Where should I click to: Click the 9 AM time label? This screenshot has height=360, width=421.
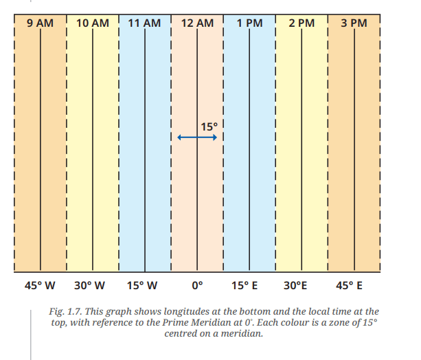pyautogui.click(x=40, y=23)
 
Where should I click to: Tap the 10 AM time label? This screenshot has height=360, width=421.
pyautogui.click(x=93, y=23)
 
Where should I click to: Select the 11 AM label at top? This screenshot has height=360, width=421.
pyautogui.click(x=144, y=23)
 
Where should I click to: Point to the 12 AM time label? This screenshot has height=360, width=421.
pyautogui.click(x=197, y=23)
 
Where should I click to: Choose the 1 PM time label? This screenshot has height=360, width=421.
pyautogui.click(x=250, y=23)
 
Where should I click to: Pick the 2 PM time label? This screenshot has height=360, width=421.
pyautogui.click(x=301, y=23)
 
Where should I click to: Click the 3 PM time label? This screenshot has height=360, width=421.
pyautogui.click(x=354, y=23)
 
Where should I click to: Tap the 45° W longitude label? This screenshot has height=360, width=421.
pyautogui.click(x=40, y=285)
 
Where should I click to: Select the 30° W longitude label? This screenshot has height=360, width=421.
pyautogui.click(x=90, y=285)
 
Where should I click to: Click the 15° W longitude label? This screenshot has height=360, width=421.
pyautogui.click(x=142, y=285)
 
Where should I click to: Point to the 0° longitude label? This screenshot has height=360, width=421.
pyautogui.click(x=197, y=285)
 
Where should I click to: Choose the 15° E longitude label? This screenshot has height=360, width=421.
pyautogui.click(x=244, y=285)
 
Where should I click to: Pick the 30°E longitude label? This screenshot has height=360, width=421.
pyautogui.click(x=295, y=285)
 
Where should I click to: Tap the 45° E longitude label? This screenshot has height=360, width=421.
pyautogui.click(x=349, y=285)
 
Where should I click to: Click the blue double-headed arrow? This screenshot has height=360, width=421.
pyautogui.click(x=197, y=137)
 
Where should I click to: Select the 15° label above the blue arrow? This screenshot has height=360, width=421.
pyautogui.click(x=209, y=127)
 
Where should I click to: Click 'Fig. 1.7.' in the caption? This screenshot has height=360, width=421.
pyautogui.click(x=66, y=312)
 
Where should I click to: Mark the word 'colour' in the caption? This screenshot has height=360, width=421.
pyautogui.click(x=295, y=322)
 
